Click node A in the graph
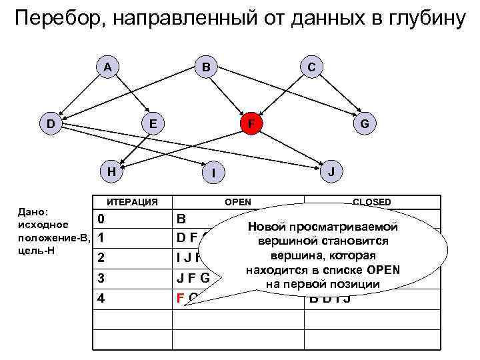(107, 67)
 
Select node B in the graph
(207, 67)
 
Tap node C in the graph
(311, 67)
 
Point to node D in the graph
(51, 123)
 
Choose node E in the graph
(154, 123)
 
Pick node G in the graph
(364, 123)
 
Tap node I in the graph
(212, 174)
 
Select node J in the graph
(331, 171)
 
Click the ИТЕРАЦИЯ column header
(133, 202)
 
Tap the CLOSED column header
(372, 202)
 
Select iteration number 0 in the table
(100, 219)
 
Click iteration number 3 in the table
(100, 277)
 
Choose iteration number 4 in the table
(101, 298)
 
